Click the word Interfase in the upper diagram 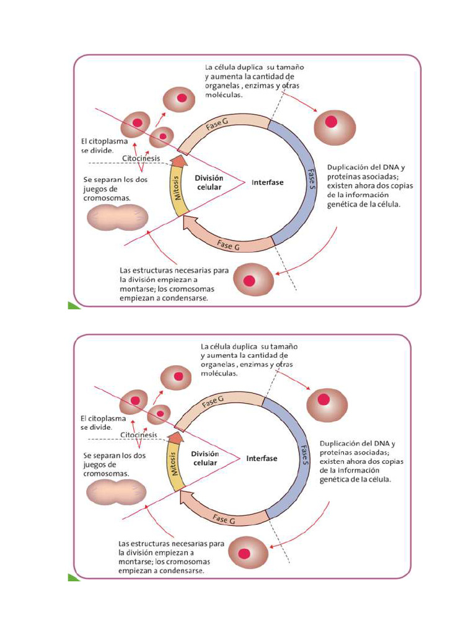coord(267,182)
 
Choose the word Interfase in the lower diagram coord(262,459)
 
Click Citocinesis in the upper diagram coord(141,159)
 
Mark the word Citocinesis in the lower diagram coord(139,435)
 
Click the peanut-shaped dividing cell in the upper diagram coord(117,218)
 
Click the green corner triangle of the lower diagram coord(74,577)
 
